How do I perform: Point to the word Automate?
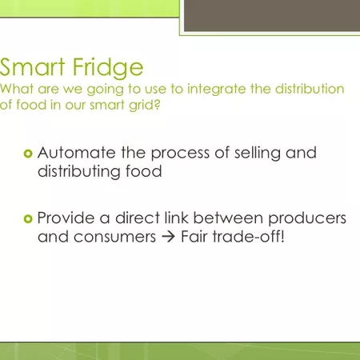point(72,152)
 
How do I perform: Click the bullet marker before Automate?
point(28,153)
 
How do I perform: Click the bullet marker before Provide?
point(28,218)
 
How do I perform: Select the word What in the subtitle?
point(14,88)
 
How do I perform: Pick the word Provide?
point(68,218)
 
